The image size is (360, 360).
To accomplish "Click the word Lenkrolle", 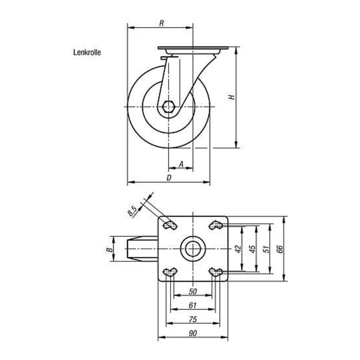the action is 87,52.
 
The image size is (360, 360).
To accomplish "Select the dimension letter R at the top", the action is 161,23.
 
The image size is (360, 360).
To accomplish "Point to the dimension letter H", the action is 232,97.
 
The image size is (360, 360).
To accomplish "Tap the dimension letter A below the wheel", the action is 181,164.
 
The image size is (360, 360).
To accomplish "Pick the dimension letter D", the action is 169,177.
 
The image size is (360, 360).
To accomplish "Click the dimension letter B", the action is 110,249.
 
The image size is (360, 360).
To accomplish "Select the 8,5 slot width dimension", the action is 132,211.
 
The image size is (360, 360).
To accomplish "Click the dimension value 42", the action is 238,249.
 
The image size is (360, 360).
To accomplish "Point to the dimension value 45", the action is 252,249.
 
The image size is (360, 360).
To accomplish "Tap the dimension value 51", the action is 266,249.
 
